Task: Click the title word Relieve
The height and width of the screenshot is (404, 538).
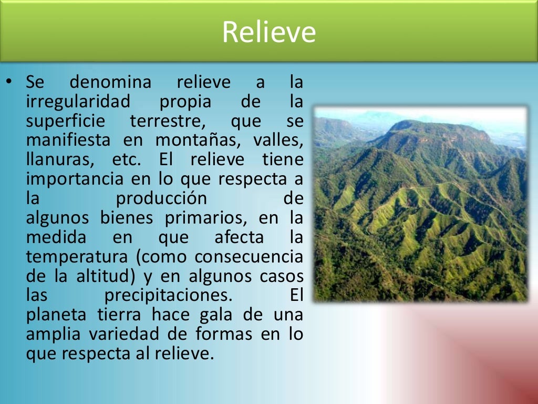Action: tap(268, 32)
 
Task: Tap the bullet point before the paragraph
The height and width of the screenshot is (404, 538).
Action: tap(9, 82)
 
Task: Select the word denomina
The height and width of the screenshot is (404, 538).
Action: tap(110, 83)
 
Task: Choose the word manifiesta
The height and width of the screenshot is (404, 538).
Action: tap(68, 140)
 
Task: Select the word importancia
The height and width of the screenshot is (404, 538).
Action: tap(74, 179)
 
